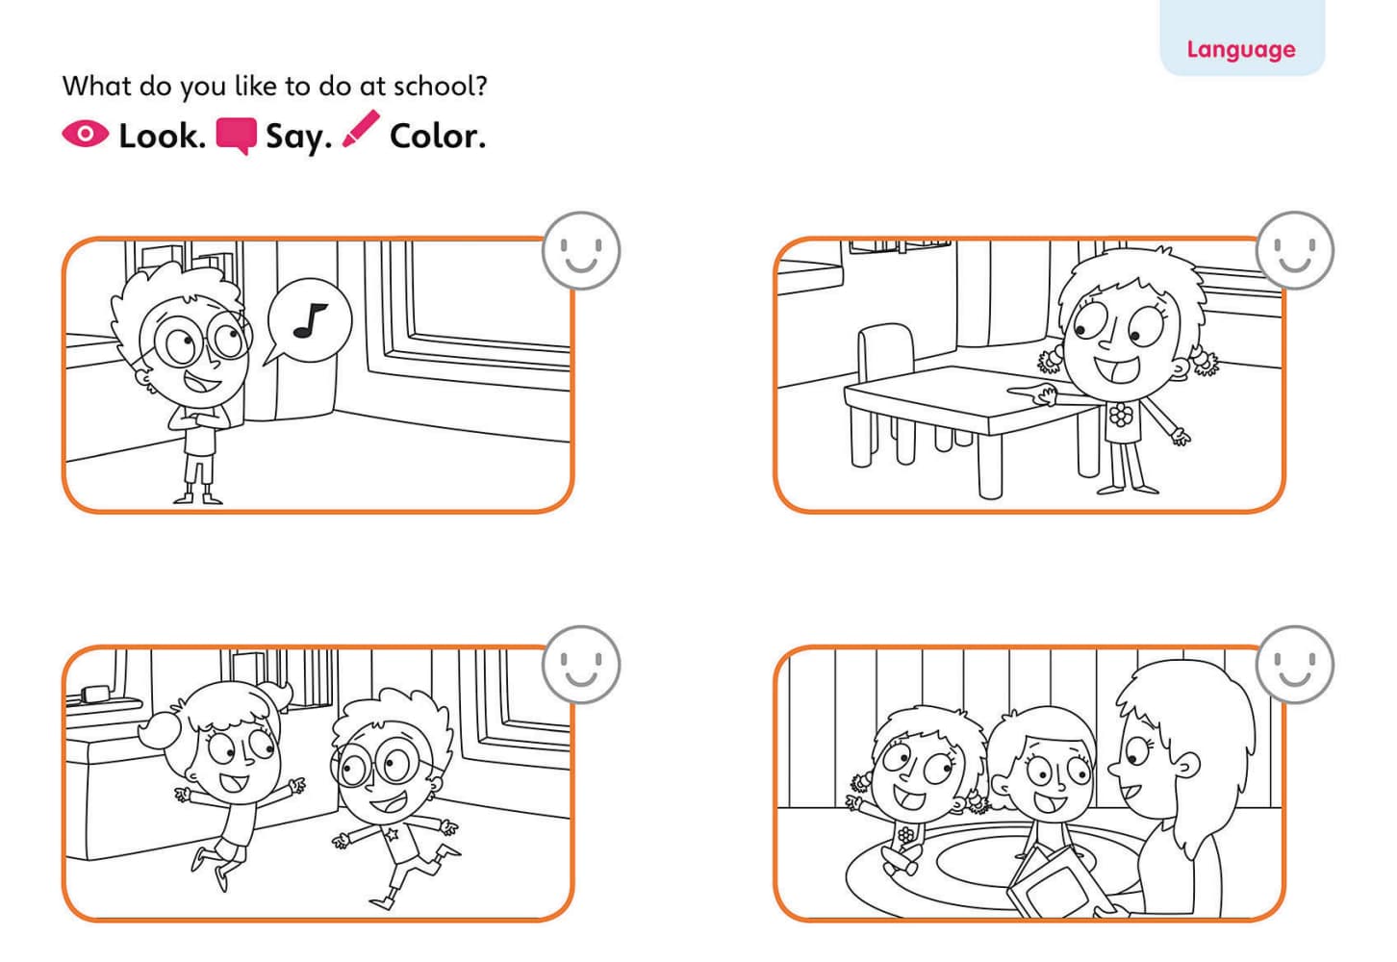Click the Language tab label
point(1240,49)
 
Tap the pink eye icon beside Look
point(85,134)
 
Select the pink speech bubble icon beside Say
point(236,136)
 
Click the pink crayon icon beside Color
point(361,130)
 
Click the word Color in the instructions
point(437,137)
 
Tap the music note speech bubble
point(308,321)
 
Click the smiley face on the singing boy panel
point(581,250)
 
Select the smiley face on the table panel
point(1295,250)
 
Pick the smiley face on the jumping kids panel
point(581,665)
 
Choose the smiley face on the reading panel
point(1295,665)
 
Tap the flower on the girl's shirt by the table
point(1120,416)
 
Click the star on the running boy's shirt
point(392,832)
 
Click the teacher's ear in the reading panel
point(1188,767)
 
